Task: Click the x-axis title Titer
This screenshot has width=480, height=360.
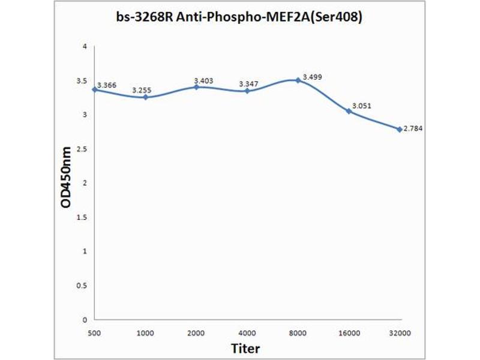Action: click(x=246, y=347)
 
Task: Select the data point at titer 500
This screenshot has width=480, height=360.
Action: click(x=95, y=89)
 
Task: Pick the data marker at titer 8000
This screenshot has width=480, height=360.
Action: click(x=298, y=80)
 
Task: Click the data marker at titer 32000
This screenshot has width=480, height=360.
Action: click(x=399, y=129)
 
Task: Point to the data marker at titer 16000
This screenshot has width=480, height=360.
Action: click(x=349, y=111)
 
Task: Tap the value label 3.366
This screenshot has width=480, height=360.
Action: click(x=107, y=85)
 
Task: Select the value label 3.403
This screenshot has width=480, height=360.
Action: click(x=203, y=80)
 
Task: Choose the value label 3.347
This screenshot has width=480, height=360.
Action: click(x=248, y=84)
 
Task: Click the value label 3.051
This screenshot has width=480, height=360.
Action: click(x=362, y=106)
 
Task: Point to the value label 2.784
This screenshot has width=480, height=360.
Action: click(x=412, y=128)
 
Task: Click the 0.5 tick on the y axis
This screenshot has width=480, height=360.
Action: click(x=83, y=286)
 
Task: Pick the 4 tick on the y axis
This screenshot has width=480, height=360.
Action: click(x=85, y=46)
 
